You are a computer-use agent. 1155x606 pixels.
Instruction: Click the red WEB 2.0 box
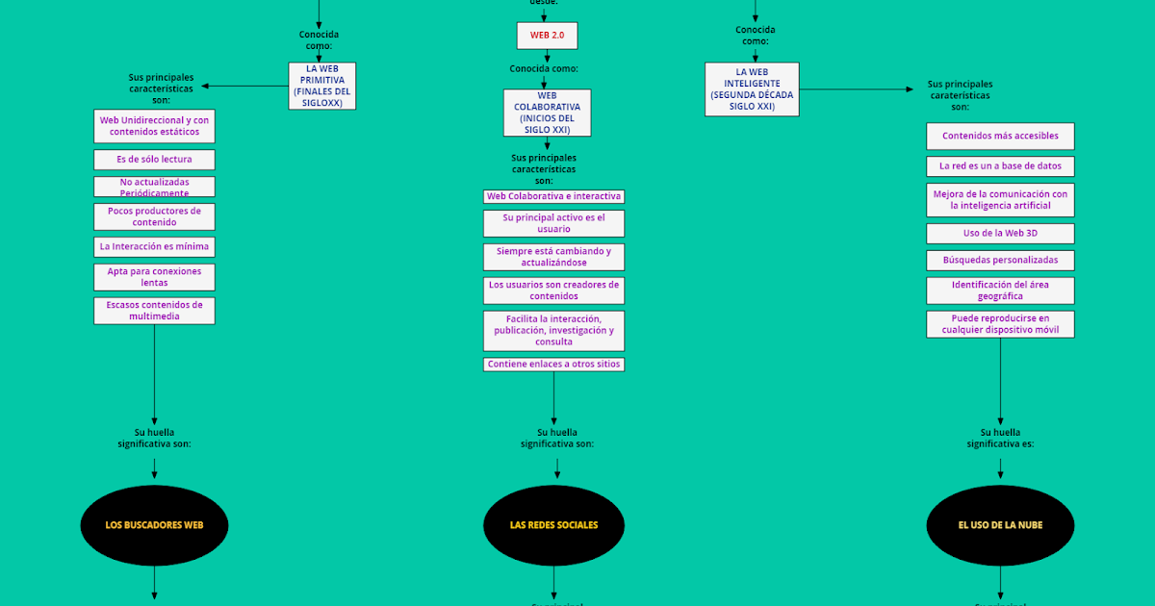tap(547, 36)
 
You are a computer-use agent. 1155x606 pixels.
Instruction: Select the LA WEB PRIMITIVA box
tap(321, 86)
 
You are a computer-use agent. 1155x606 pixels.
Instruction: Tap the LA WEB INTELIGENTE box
tap(752, 89)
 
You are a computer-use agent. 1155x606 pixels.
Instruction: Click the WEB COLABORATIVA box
tap(547, 113)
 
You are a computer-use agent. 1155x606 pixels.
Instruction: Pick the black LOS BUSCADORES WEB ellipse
tap(154, 525)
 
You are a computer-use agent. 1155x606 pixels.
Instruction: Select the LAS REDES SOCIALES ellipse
tap(553, 525)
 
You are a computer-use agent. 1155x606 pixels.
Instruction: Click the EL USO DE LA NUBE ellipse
tap(1000, 525)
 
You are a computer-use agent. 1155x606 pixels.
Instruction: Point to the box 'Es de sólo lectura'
tap(154, 160)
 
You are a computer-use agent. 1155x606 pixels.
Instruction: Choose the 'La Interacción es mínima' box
tap(154, 247)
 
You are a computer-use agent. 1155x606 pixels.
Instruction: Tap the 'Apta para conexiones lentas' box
tap(154, 277)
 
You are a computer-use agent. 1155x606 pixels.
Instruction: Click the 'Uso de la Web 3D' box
tap(1000, 234)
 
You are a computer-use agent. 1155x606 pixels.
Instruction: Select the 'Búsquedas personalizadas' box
tap(1000, 261)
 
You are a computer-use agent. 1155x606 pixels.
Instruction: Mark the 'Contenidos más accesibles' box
tap(1000, 137)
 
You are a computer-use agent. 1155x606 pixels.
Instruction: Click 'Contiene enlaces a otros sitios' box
tap(553, 365)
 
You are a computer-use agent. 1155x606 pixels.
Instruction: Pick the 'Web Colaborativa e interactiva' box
tap(553, 196)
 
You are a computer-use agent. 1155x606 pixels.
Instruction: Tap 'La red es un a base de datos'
tap(1000, 166)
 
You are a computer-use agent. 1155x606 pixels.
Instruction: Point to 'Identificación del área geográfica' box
tap(1000, 290)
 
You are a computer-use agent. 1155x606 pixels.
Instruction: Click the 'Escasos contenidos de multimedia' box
tap(154, 311)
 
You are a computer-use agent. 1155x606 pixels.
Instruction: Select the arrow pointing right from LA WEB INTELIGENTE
tap(857, 89)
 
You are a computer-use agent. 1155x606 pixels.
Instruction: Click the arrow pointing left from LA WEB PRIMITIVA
tap(244, 86)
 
